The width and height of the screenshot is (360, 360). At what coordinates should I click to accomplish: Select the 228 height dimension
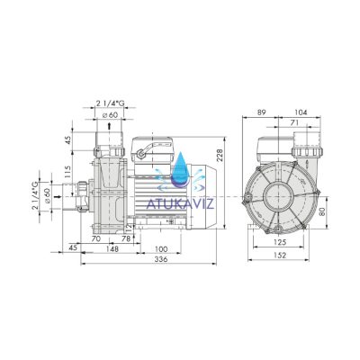click(220, 156)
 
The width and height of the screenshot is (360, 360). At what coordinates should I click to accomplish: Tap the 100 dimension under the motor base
click(161, 249)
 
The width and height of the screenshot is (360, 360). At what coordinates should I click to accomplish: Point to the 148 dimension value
click(112, 248)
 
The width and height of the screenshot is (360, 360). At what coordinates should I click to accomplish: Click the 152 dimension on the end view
click(280, 256)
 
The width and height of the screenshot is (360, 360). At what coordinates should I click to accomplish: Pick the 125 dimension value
click(280, 242)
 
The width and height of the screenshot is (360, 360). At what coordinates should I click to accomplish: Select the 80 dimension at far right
click(323, 212)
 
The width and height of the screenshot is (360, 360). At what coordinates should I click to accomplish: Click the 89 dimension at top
click(262, 112)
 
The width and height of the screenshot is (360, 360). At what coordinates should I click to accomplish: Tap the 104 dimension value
click(301, 112)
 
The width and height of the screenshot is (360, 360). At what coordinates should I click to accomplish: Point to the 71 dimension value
click(295, 122)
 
